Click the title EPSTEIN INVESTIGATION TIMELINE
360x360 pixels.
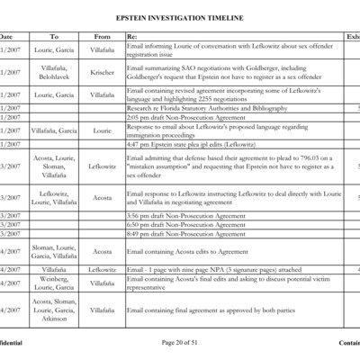pyautogui.click(x=180, y=18)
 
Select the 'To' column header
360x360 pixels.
pyautogui.click(x=54, y=36)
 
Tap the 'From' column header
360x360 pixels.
pyautogui.click(x=103, y=36)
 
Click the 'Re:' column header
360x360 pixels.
pyautogui.click(x=132, y=36)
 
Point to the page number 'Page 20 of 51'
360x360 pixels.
pyautogui.click(x=180, y=343)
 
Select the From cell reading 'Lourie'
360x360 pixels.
pyautogui.click(x=103, y=130)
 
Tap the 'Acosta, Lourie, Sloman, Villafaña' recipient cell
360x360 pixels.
pyautogui.click(x=54, y=166)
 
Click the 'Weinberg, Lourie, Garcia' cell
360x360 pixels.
pyautogui.click(x=54, y=283)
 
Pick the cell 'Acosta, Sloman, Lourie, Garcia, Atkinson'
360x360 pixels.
pyautogui.click(x=54, y=310)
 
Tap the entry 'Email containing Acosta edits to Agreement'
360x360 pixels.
pyautogui.click(x=190, y=252)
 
